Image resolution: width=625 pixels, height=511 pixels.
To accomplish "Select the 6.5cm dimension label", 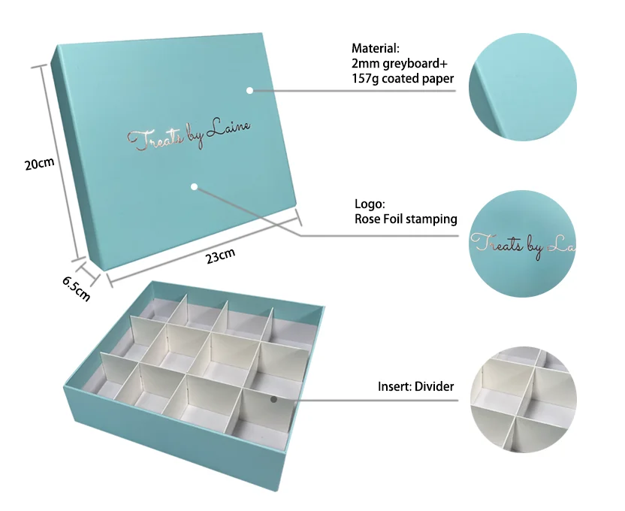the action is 76,287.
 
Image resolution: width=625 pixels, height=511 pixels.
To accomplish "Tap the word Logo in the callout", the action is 369,204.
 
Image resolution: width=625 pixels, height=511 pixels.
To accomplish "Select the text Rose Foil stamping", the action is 406,219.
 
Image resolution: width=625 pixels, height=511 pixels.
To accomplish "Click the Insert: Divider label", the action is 415,387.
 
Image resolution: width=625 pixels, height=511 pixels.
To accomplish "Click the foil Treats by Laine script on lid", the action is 189,135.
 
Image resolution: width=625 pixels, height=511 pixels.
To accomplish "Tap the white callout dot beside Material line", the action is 249,90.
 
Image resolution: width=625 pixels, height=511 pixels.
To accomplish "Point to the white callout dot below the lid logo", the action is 194,186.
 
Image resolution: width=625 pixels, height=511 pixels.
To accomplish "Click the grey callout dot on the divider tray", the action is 274,399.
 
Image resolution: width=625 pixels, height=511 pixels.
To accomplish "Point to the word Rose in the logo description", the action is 367,219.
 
